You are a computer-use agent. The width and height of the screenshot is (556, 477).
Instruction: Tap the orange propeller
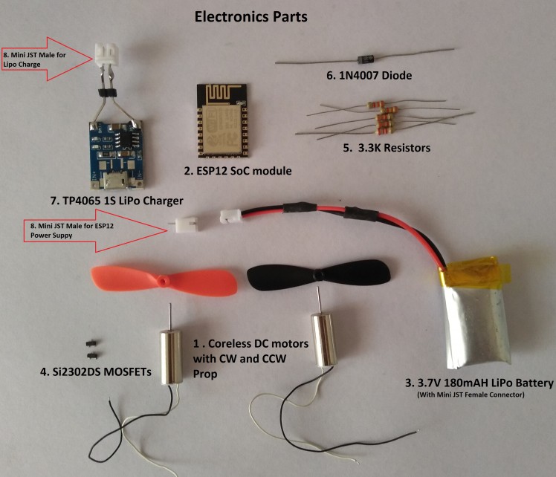tap(164, 282)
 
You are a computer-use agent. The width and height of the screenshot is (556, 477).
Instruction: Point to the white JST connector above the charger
tap(105, 51)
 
